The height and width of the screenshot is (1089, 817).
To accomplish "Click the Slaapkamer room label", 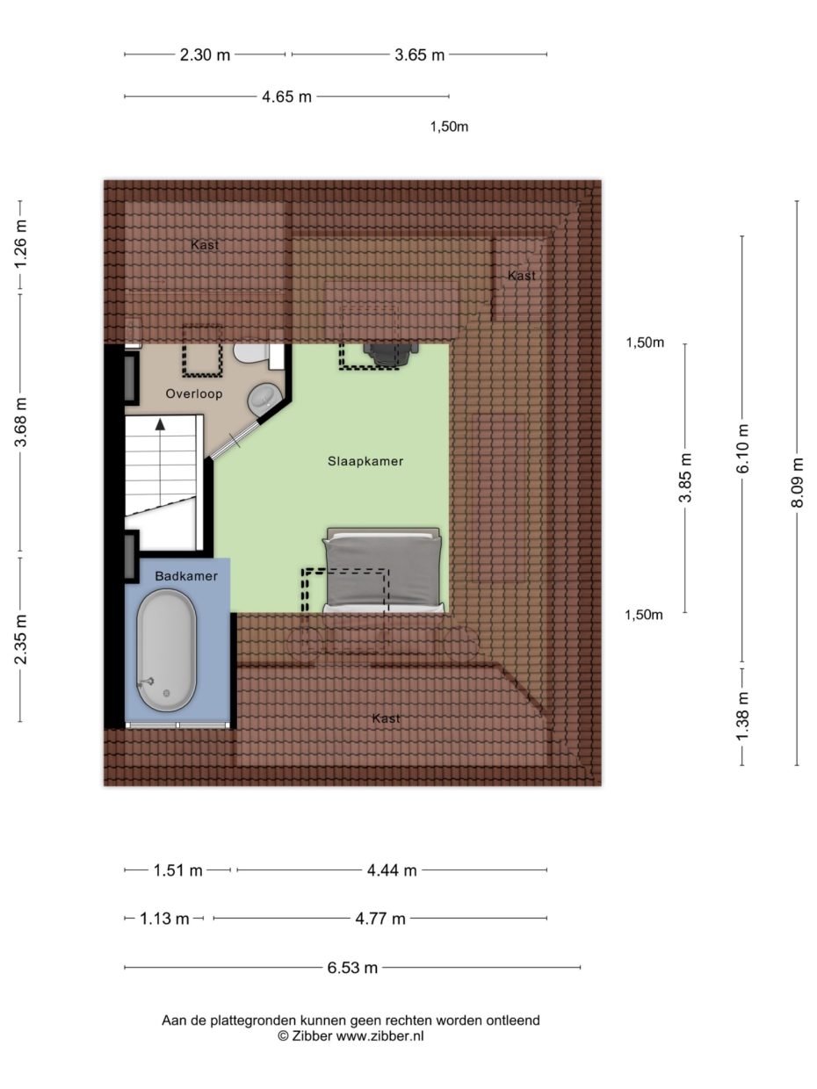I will (365, 461).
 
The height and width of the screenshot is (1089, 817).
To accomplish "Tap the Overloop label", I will (194, 394).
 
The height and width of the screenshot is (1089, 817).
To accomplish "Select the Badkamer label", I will (185, 576).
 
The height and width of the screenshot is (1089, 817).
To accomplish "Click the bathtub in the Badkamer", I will (166, 649).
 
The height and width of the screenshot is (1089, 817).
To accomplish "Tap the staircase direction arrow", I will (160, 425).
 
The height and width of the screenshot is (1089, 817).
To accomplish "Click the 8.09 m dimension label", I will (797, 483).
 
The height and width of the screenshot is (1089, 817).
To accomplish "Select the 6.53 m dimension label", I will (352, 968).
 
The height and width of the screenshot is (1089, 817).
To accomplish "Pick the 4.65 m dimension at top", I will (286, 97).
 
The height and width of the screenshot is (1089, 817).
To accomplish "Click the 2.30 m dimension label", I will (205, 54).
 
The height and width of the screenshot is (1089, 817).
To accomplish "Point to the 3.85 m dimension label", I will (685, 478).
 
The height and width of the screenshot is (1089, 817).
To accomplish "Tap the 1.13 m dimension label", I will (164, 919).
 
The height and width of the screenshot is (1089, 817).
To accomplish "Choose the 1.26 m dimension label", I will (20, 247).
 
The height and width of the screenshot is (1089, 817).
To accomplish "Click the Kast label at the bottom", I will (386, 718).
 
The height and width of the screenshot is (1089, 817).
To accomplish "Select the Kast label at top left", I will (205, 245).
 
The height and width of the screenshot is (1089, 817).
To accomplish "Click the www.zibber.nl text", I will (380, 1036).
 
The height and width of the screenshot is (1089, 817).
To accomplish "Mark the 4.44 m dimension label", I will (392, 870).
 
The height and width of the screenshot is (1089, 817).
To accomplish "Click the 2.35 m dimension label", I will (20, 639).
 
